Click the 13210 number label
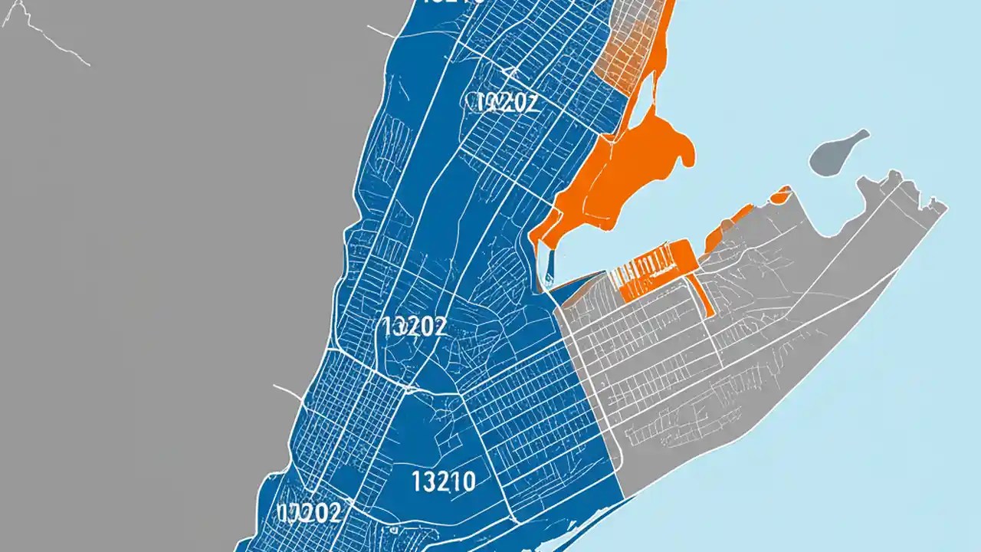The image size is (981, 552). tap(443, 481)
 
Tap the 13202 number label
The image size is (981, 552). tap(412, 327)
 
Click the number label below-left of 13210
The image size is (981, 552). tap(309, 513)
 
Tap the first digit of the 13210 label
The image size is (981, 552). tap(416, 481)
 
